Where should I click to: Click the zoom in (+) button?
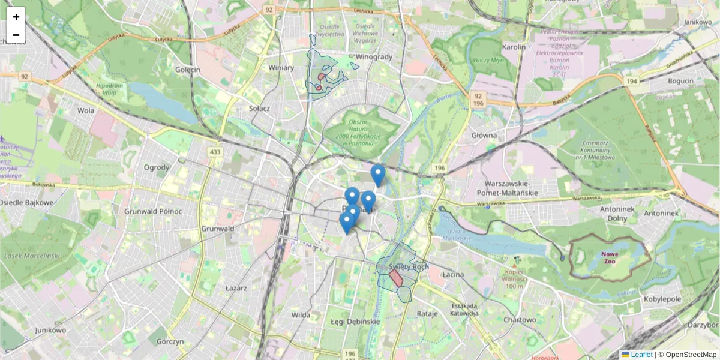[16, 16]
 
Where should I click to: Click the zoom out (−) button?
[16, 35]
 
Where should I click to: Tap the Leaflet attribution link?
[641, 355]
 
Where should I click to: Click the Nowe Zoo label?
[610, 257]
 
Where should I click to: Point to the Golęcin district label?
[187, 70]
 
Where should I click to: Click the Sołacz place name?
[259, 109]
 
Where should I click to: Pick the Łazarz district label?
[236, 288]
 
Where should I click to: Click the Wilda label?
[300, 314]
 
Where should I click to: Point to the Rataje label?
[427, 313]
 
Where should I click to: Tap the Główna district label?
[485, 136]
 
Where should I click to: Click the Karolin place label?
[514, 47]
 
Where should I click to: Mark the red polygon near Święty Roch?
[396, 277]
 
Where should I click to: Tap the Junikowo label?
[50, 330]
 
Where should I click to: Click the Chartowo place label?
[520, 320]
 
